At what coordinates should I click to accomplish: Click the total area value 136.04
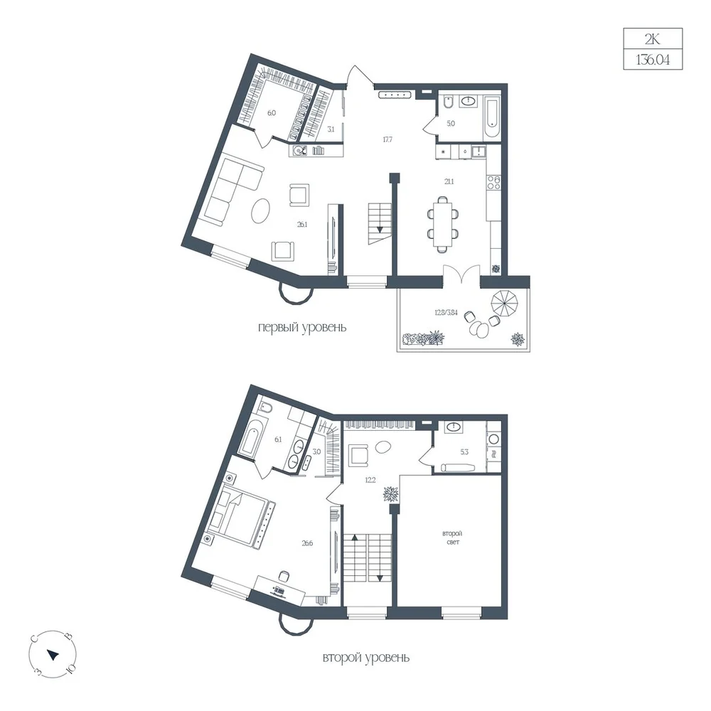(653, 60)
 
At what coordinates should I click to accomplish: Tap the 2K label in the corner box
(653, 39)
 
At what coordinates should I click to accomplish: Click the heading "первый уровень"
(302, 327)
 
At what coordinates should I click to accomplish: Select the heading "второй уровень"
(366, 658)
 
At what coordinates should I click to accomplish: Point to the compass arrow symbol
(53, 655)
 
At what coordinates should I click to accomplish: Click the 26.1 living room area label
(302, 224)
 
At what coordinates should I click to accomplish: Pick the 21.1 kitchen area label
(449, 181)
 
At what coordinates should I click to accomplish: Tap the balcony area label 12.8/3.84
(447, 312)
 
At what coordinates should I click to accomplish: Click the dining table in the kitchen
(442, 224)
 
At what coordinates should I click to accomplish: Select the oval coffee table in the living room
(260, 211)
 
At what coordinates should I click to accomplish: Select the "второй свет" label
(452, 538)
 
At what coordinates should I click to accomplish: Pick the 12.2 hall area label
(370, 480)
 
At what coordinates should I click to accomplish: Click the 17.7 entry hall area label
(387, 139)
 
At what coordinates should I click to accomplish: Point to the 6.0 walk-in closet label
(271, 113)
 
